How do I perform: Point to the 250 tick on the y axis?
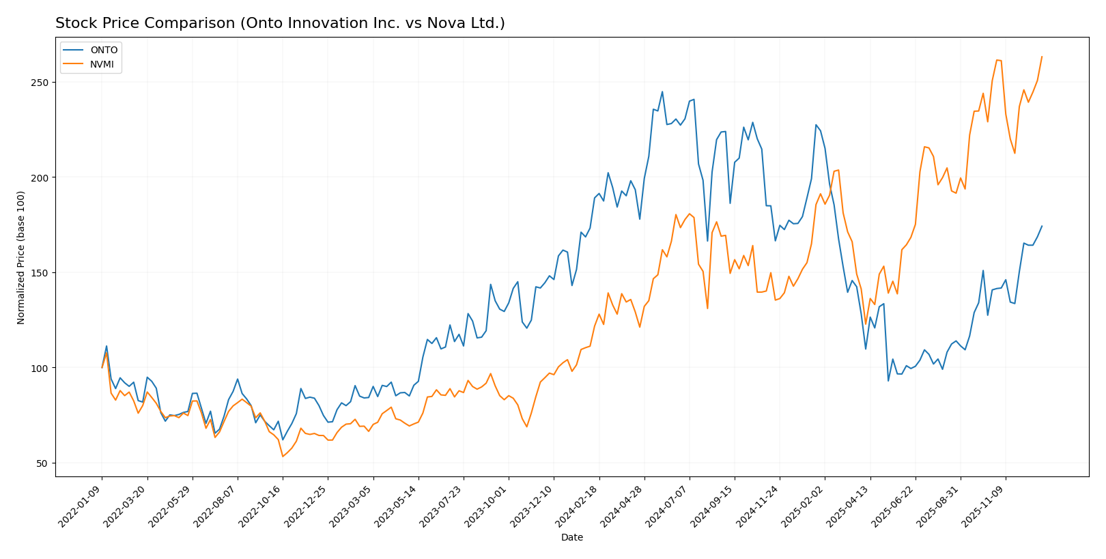coord(42,83)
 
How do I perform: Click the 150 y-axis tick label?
coord(42,273)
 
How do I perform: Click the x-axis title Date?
coord(572,538)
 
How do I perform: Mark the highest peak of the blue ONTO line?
coord(662,91)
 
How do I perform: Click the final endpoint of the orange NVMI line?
coord(1042,57)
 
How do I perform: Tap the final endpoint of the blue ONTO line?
coord(1042,226)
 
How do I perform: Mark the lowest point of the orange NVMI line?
coord(283,456)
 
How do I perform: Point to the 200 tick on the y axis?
coord(42,177)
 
